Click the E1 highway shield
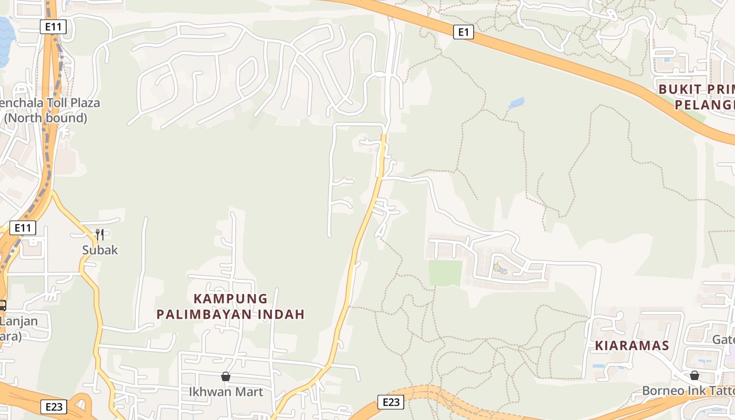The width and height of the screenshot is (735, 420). (463, 33)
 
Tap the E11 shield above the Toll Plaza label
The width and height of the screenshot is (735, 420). (53, 27)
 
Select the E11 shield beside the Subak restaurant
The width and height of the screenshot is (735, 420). (23, 228)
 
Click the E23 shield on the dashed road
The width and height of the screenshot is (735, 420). (391, 403)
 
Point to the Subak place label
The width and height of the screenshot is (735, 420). (100, 250)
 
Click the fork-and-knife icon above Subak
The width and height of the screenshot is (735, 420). (100, 234)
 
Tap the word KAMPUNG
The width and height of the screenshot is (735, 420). (230, 299)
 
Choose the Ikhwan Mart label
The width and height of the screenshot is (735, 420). (226, 392)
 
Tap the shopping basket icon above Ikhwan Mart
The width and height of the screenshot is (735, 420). (226, 376)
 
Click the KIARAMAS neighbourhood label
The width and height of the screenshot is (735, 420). (632, 345)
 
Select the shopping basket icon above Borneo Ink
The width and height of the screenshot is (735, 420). (694, 375)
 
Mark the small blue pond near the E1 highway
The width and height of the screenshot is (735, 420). (516, 103)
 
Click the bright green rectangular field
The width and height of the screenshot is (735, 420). (445, 273)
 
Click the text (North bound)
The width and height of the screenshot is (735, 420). (46, 118)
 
